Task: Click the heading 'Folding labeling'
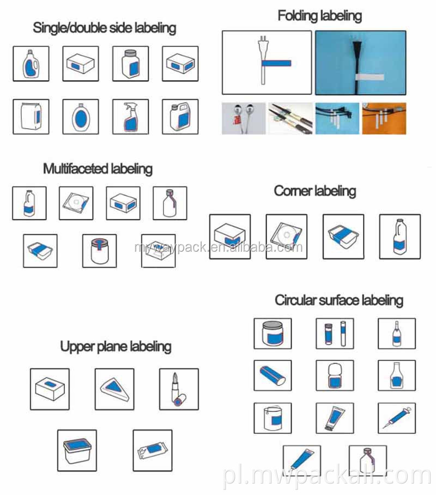319,16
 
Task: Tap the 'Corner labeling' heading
314,191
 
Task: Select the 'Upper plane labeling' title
116,346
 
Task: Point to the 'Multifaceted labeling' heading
98,168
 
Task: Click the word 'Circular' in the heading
294,300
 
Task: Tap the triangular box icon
114,389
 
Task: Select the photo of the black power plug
360,63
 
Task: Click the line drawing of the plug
267,63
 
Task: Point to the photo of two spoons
244,118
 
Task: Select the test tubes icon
335,334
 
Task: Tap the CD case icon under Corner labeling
286,236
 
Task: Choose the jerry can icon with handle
180,117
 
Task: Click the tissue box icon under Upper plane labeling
50,389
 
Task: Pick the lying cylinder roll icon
272,376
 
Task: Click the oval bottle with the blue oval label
81,117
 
